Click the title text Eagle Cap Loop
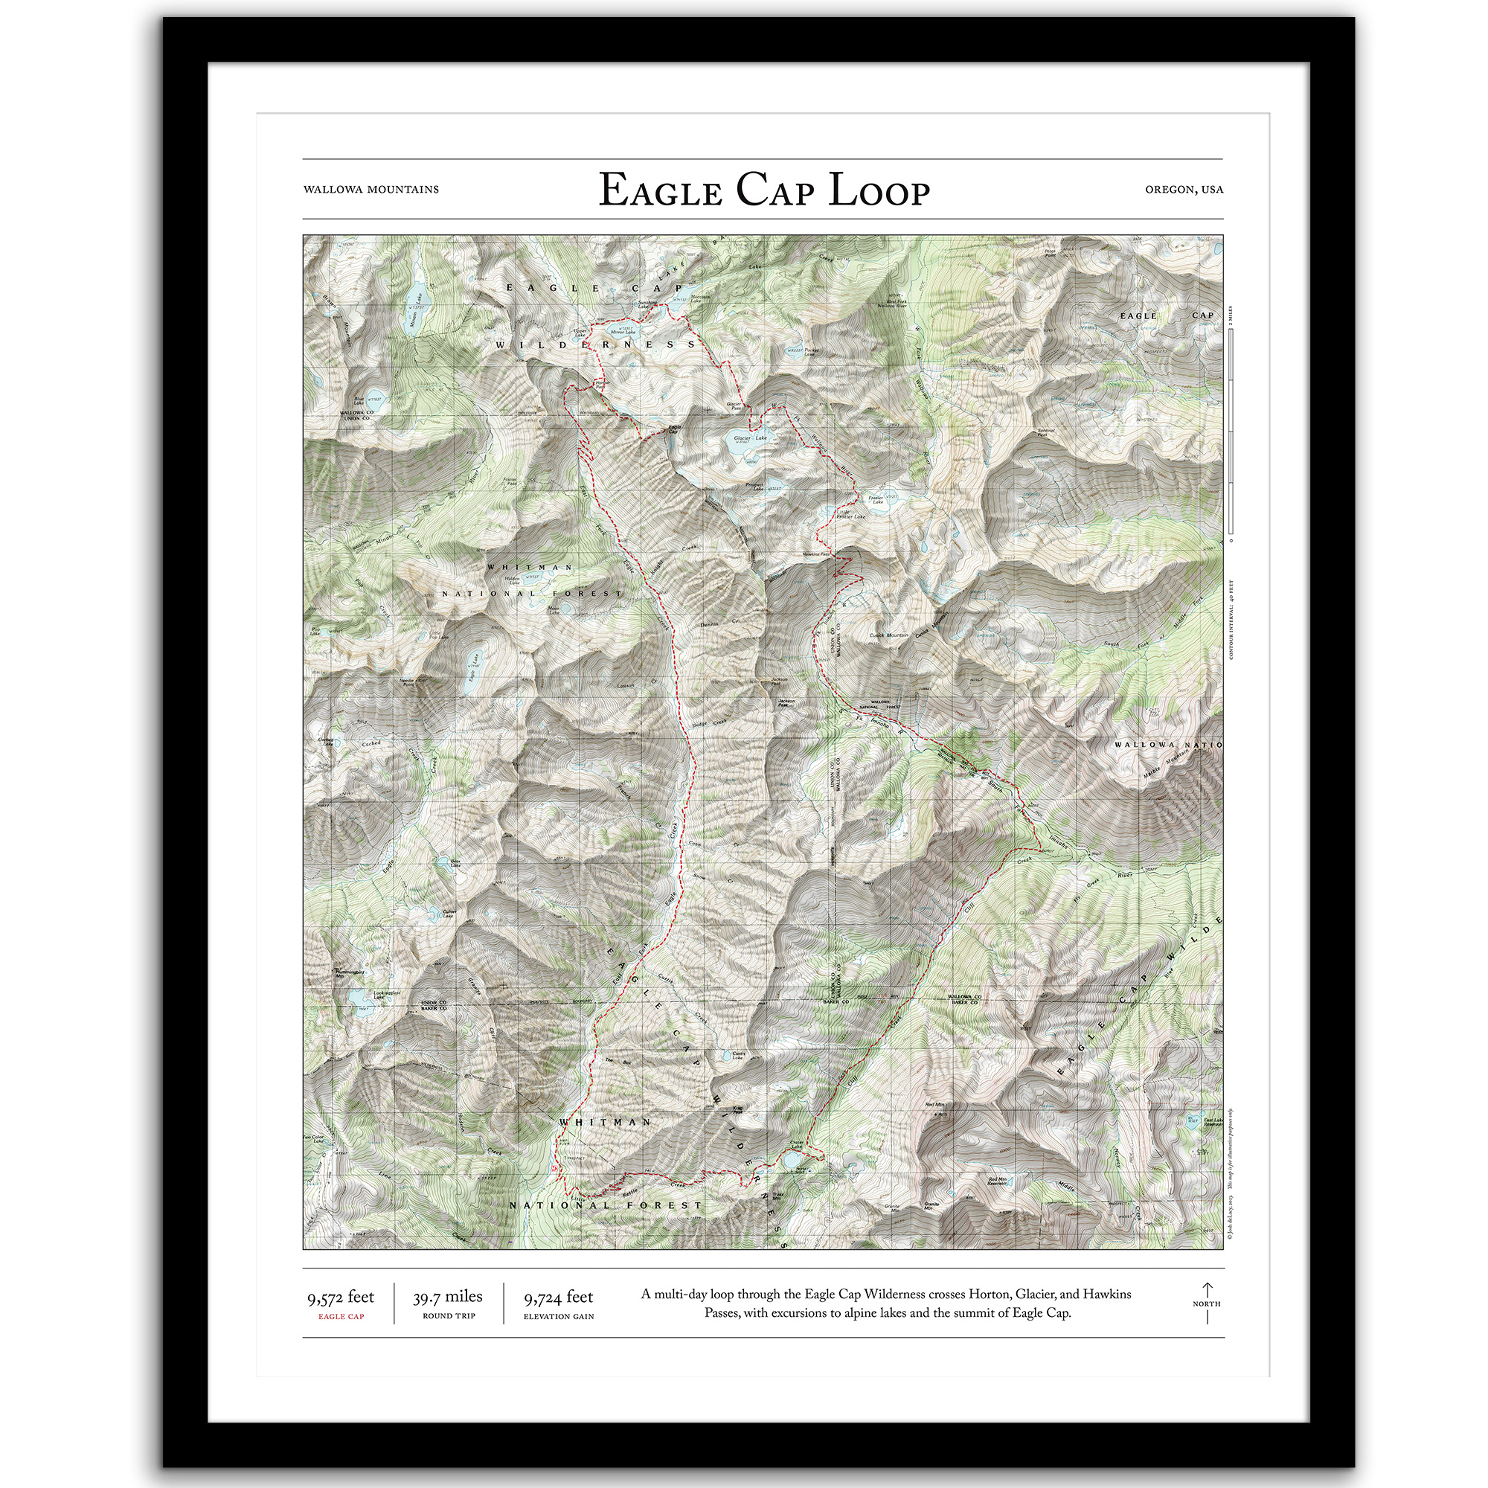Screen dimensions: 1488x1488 pyautogui.click(x=764, y=190)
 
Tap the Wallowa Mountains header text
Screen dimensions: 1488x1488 pyautogui.click(x=371, y=190)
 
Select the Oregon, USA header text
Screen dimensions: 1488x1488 pyautogui.click(x=1183, y=190)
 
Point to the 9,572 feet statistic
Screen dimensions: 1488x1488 pyautogui.click(x=341, y=1298)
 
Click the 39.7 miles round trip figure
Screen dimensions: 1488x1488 pyautogui.click(x=447, y=1297)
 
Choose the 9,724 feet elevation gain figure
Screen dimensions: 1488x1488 pyautogui.click(x=559, y=1298)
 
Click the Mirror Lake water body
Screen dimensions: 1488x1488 pyautogui.click(x=620, y=333)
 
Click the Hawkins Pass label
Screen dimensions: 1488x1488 pyautogui.click(x=815, y=554)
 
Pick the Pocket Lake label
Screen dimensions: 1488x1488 pyautogui.click(x=809, y=352)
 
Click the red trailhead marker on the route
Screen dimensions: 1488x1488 pyautogui.click(x=554, y=1169)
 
